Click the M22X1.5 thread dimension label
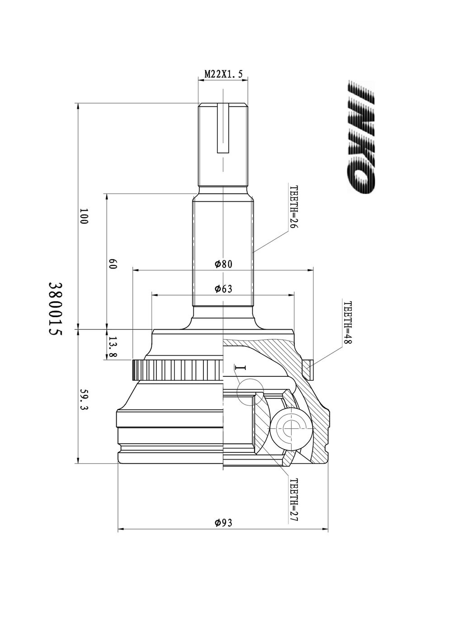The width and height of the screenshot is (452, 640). tap(223, 74)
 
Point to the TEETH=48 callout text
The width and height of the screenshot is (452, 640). tap(347, 323)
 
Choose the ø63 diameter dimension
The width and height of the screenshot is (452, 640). tap(224, 289)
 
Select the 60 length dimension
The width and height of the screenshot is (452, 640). tap(113, 264)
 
